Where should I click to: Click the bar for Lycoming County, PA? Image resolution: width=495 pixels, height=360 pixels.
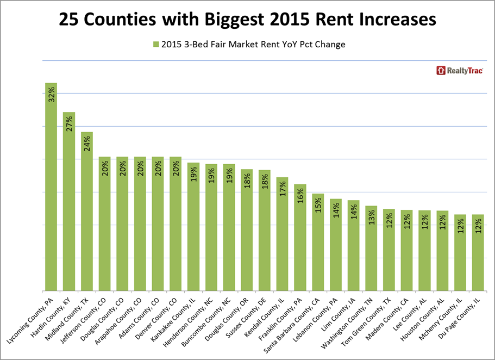[51, 187]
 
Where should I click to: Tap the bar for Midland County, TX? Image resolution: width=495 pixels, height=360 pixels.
[87, 212]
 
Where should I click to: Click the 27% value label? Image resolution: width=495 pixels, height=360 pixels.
[69, 125]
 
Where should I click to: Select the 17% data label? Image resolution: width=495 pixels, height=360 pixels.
[283, 189]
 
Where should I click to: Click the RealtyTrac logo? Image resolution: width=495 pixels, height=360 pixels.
[460, 70]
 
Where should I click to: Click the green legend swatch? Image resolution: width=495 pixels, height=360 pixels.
[155, 45]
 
